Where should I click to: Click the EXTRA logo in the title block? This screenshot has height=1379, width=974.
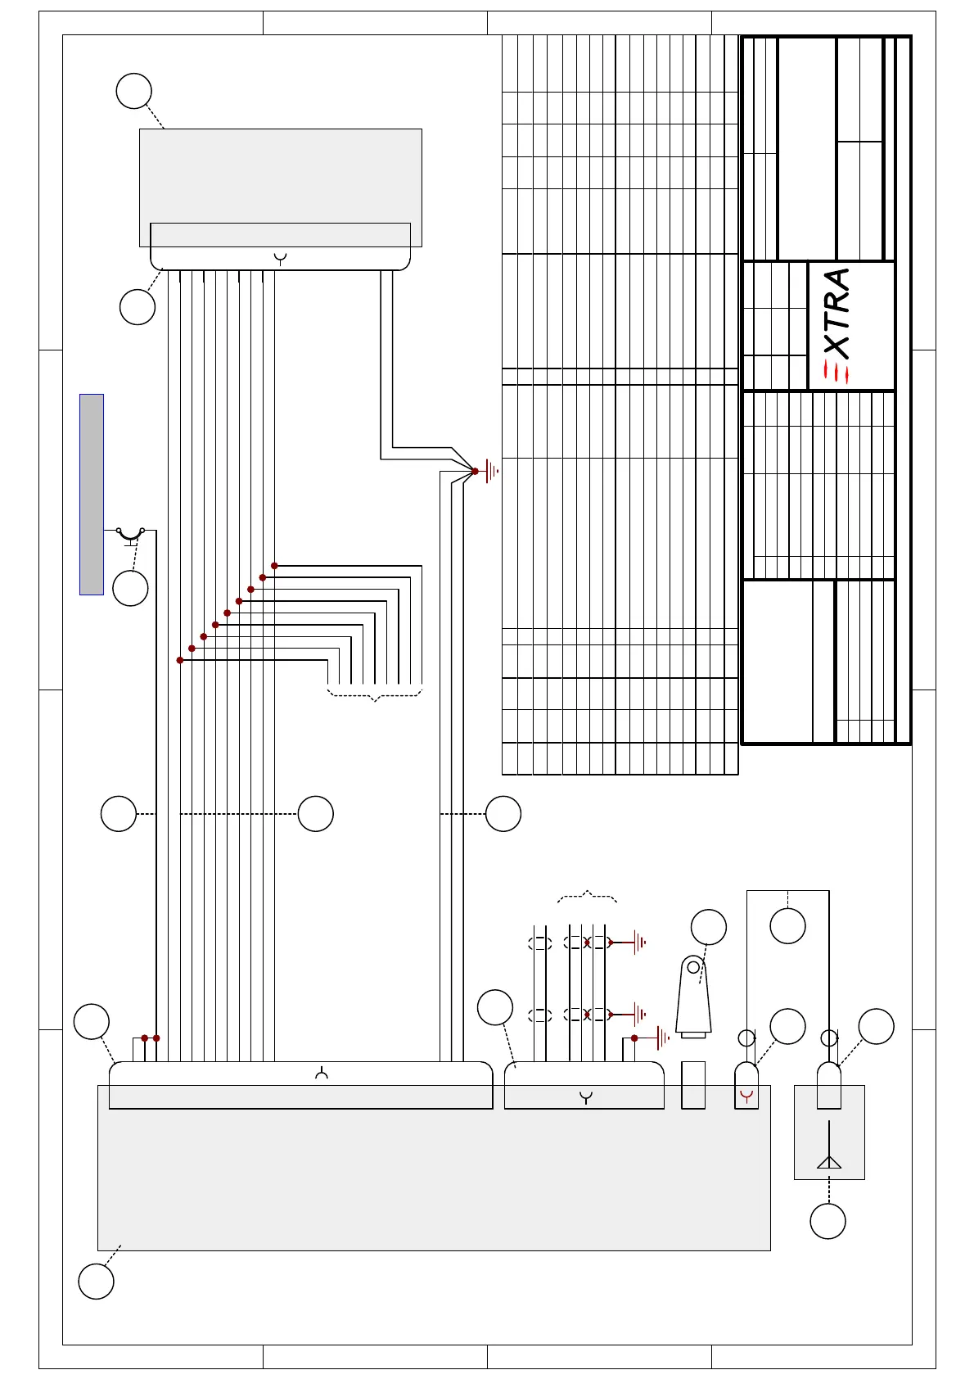836,326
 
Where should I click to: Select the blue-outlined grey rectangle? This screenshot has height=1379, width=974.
92,495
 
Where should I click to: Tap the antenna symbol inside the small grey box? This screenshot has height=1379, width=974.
829,1144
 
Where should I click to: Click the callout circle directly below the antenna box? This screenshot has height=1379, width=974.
827,1222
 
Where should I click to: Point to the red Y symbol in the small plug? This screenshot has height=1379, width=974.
746,1096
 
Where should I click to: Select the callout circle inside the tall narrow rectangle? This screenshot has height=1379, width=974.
787,926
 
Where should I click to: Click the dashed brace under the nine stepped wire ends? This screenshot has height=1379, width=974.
375,695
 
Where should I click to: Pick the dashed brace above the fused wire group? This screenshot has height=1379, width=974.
587,897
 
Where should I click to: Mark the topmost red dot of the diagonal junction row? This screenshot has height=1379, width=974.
274,566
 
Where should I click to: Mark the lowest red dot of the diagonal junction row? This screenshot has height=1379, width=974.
180,660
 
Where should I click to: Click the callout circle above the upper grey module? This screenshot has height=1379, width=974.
134,91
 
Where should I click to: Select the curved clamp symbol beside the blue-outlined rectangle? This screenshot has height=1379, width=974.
130,536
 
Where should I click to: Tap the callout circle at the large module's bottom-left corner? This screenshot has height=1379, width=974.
96,1282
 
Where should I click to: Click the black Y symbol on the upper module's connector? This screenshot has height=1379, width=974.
280,259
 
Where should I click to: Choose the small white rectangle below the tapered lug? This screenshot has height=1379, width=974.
693,1085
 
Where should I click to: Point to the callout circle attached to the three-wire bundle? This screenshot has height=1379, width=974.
503,814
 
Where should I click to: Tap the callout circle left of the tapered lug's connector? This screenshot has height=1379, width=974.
494,1007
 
